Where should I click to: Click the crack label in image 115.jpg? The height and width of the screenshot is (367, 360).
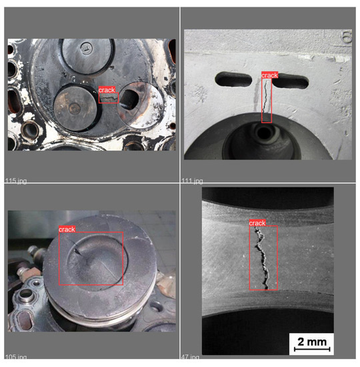coord(107,89)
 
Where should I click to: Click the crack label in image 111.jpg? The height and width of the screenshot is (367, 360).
coord(269,75)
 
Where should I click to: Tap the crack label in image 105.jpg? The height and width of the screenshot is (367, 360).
coord(67,229)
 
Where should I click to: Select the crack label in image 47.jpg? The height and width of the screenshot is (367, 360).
coord(257,222)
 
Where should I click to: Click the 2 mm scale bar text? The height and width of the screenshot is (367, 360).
coord(311,342)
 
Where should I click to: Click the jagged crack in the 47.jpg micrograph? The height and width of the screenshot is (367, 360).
coord(262,257)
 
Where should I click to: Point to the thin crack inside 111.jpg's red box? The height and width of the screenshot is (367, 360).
coord(267,100)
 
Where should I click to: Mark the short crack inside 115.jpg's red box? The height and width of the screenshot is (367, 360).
coord(110,98)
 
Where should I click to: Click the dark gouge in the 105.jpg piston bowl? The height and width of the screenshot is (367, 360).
coord(79,252)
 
